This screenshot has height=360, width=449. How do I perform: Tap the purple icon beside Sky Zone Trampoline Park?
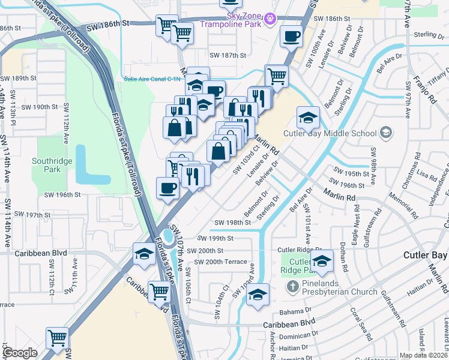coord(271,19)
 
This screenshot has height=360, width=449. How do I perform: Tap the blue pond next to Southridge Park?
coord(88,164)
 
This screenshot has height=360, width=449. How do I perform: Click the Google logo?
coord(20,353)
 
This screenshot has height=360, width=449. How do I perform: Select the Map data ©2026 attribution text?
coord(424,355)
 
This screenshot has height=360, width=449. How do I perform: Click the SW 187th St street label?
coord(229,55)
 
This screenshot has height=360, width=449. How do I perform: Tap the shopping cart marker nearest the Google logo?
coord(58,337)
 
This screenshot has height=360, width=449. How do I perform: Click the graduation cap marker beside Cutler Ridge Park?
coord(322,260)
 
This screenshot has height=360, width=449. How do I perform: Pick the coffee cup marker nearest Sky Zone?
coord(292,36)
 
